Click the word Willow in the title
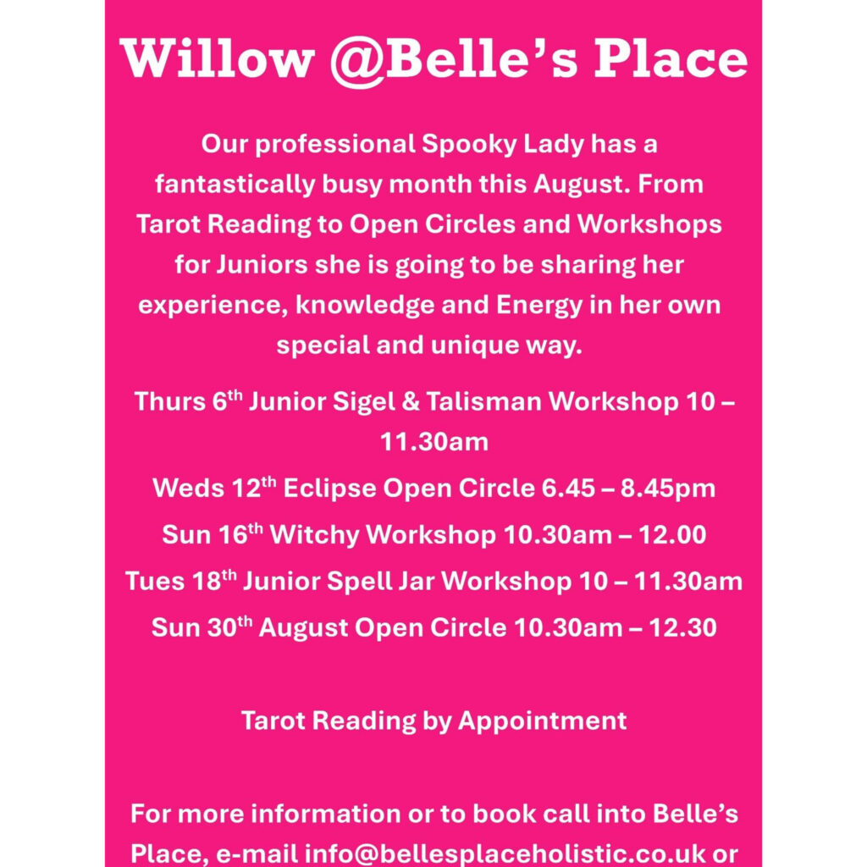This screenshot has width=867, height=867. pyautogui.click(x=217, y=58)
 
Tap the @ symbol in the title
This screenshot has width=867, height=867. pyautogui.click(x=358, y=61)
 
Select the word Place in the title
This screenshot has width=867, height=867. pyautogui.click(x=671, y=58)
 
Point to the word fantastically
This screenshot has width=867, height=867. pyautogui.click(x=235, y=184)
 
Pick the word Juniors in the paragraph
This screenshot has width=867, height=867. pyautogui.click(x=262, y=265)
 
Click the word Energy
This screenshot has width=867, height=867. pyautogui.click(x=539, y=306)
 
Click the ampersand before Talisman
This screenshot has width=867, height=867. pyautogui.click(x=411, y=401)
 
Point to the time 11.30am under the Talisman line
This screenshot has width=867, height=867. pyautogui.click(x=434, y=442)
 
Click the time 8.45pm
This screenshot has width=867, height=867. pyautogui.click(x=668, y=489)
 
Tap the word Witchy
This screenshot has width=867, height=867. pyautogui.click(x=314, y=535)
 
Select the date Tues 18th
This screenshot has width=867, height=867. pyautogui.click(x=181, y=581)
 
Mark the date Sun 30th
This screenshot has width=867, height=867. pyautogui.click(x=202, y=627)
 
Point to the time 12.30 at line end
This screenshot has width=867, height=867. pyautogui.click(x=682, y=628)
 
